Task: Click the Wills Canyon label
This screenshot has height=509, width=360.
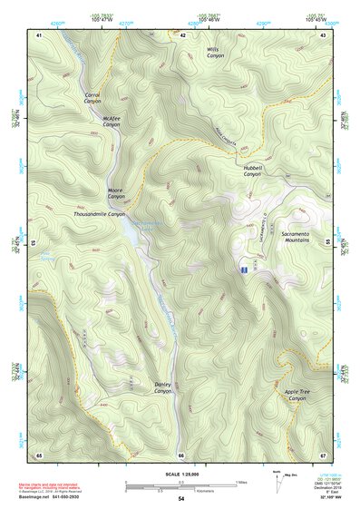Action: pos(214,53)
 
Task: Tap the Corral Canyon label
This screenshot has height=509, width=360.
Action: pos(92,98)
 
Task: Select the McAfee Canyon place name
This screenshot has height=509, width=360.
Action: pos(112,121)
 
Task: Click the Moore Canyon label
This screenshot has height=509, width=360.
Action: pos(117,193)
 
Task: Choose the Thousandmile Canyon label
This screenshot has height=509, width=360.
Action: pos(100,214)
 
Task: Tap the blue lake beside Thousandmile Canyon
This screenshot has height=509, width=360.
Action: pos(134,234)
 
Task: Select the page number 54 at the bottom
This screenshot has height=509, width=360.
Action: pos(180,499)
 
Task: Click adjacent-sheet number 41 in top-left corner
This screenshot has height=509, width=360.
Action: pos(39,34)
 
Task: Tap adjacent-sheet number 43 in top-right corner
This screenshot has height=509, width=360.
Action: pos(323,34)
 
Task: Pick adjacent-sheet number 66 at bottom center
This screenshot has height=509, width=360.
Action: pos(180,455)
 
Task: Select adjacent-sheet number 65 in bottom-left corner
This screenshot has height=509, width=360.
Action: pos(39,454)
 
